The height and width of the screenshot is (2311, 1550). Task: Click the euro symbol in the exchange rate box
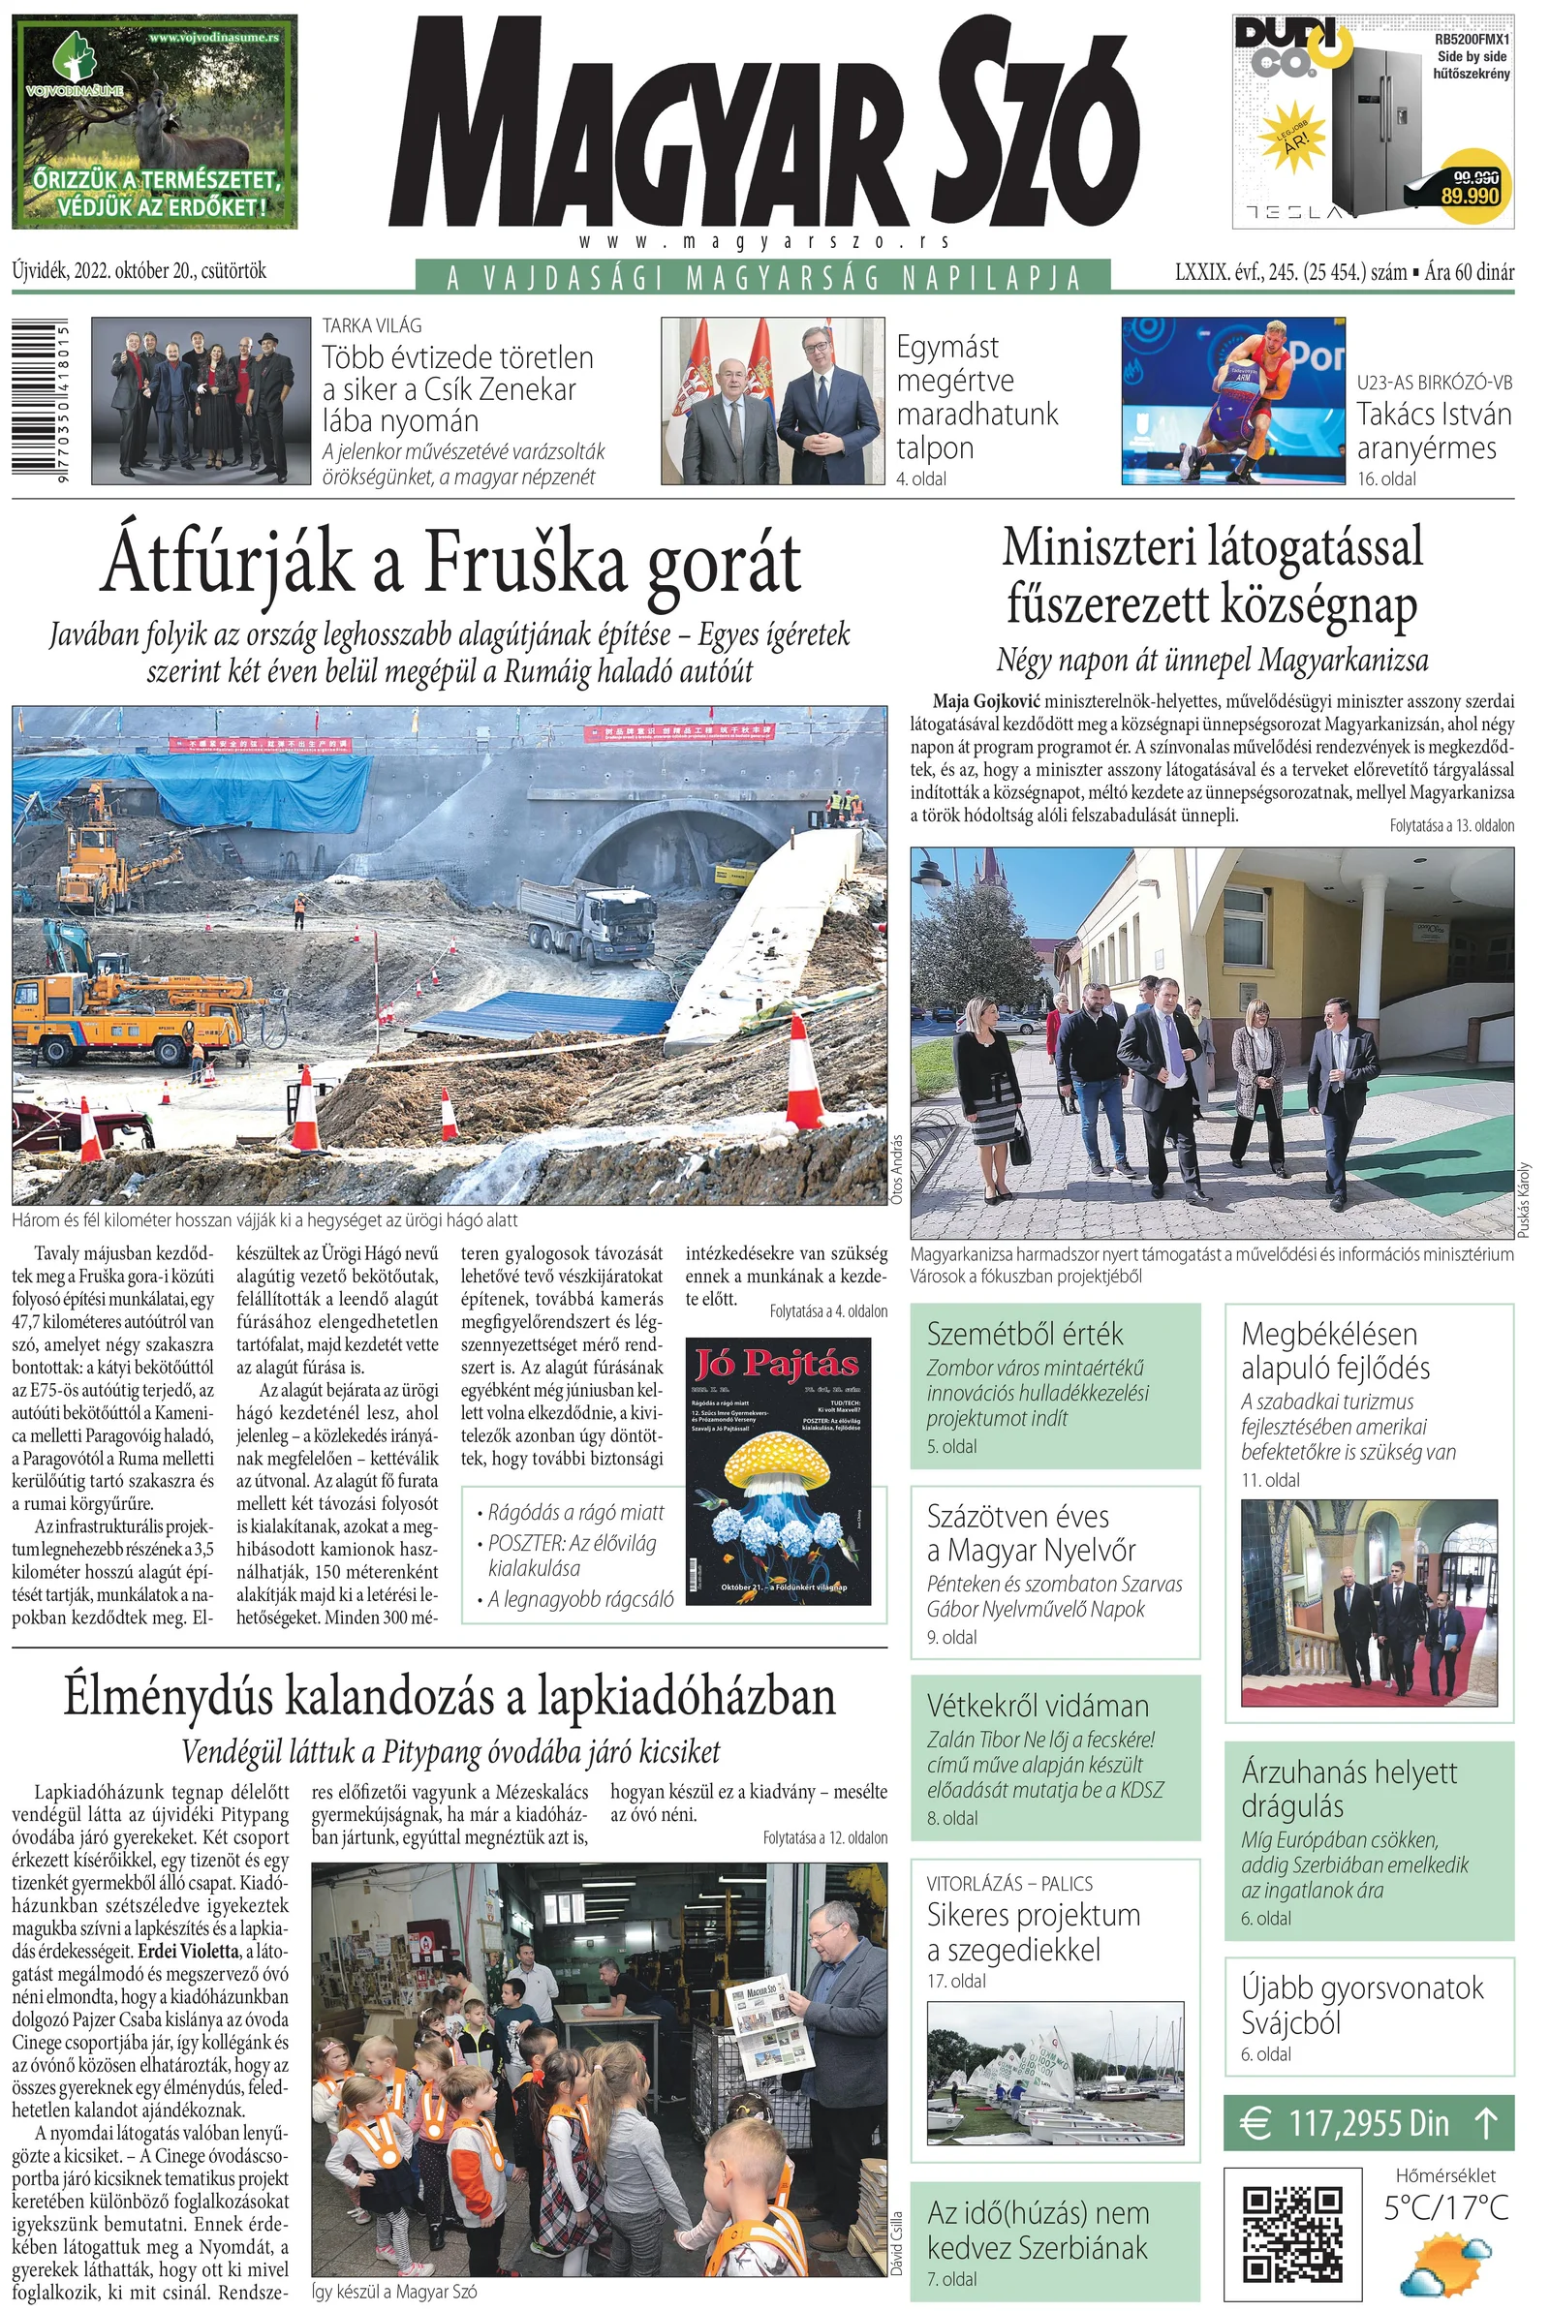1256,2122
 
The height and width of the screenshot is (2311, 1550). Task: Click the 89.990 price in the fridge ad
1470,195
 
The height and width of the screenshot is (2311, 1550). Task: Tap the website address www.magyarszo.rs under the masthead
765,242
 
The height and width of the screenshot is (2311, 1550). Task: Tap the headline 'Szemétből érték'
1024,1334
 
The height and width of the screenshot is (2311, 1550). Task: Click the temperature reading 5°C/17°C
1446,2207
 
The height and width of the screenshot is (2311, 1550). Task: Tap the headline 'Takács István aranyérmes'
1434,431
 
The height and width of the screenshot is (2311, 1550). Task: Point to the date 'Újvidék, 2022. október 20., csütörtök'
139,271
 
